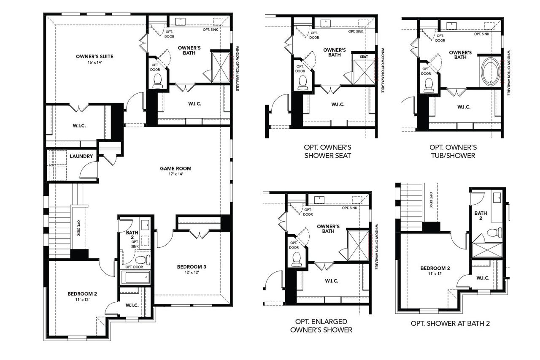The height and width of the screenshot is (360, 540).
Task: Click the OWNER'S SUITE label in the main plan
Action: [94, 56]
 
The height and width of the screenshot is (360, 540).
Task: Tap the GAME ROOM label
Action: [171, 168]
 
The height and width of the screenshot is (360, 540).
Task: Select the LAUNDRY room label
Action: [81, 156]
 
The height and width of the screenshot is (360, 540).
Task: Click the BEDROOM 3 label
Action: [192, 266]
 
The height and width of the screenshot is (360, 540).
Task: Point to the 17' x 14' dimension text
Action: [171, 174]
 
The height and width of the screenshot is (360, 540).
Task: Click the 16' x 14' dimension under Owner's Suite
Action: [94, 62]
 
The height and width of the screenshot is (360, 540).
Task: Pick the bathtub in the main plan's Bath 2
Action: [135, 277]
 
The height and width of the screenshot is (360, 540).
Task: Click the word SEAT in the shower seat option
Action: [364, 57]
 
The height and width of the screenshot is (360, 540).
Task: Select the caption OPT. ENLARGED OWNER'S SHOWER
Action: [321, 326]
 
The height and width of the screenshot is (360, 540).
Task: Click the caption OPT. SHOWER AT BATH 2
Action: [450, 324]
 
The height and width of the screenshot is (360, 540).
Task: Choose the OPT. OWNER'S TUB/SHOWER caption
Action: [453, 151]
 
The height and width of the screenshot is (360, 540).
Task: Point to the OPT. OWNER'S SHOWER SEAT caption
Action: [327, 151]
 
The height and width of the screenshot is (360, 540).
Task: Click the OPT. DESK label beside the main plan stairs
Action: [79, 228]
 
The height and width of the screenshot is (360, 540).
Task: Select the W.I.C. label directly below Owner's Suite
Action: [79, 126]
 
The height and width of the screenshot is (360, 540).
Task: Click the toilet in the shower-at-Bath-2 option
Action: [493, 233]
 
